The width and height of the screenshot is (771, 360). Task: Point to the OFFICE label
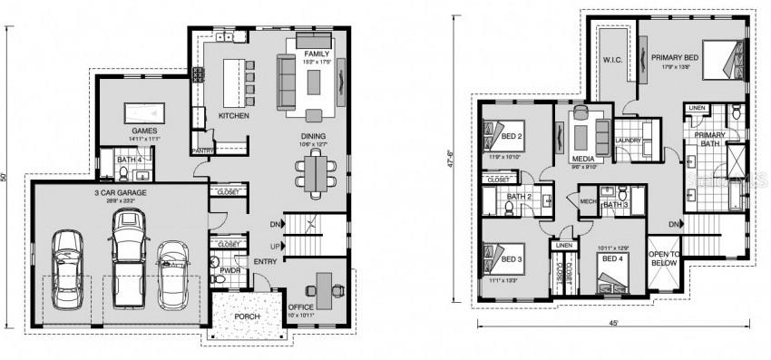[300, 307]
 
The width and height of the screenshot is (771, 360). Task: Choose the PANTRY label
[202, 151]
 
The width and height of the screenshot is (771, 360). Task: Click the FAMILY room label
[316, 55]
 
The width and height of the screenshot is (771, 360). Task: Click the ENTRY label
[266, 262]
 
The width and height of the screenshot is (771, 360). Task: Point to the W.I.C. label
[611, 61]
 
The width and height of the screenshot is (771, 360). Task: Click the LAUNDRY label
[628, 141]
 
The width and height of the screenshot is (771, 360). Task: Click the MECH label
[588, 201]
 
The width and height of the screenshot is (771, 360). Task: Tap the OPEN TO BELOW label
[665, 258]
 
